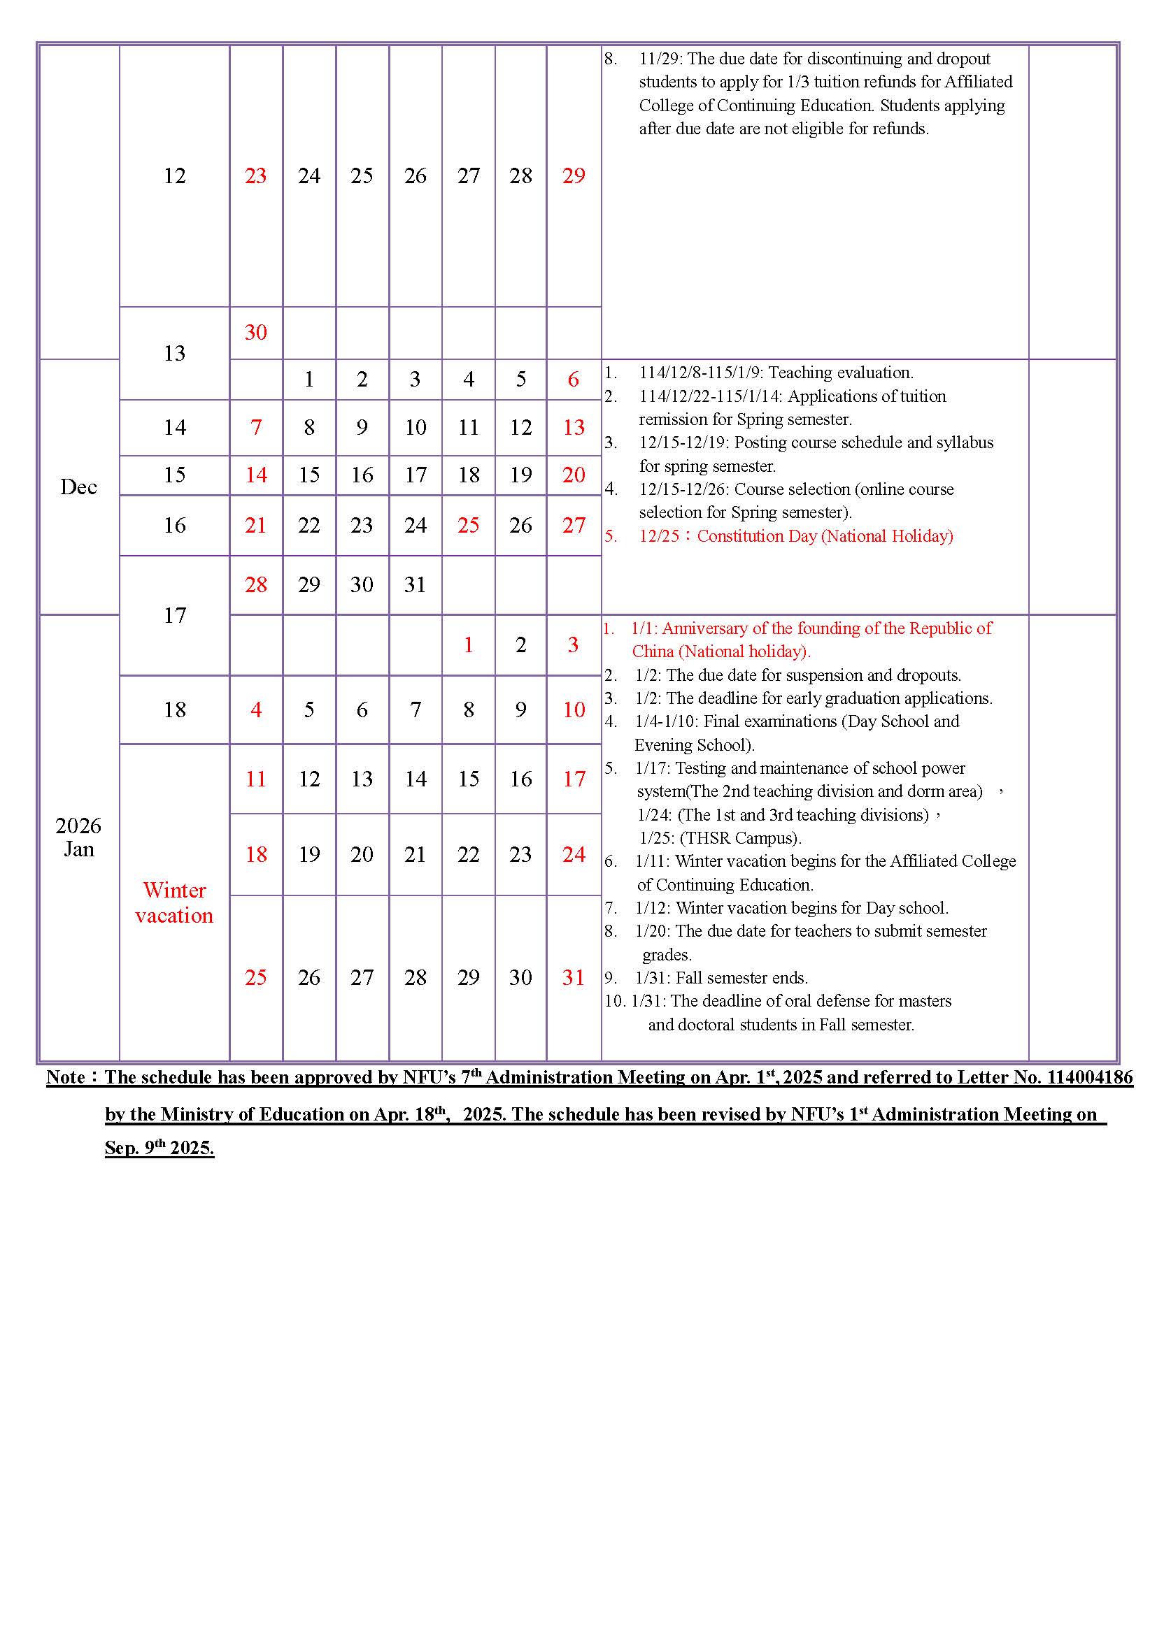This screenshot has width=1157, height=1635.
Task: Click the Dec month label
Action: [x=78, y=487]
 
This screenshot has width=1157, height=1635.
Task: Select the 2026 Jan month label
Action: [x=78, y=837]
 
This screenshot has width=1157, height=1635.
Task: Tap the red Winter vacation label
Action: [x=174, y=902]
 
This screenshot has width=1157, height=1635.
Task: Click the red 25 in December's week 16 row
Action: [x=468, y=526]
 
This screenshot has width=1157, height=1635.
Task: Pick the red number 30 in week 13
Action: [x=256, y=333]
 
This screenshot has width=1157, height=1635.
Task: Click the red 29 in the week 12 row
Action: [x=574, y=176]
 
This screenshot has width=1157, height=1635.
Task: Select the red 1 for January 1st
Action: [x=468, y=645]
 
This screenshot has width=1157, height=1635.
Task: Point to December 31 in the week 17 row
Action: [x=416, y=585]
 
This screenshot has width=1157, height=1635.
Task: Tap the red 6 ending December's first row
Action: [x=574, y=380]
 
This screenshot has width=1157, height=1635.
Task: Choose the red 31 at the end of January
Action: [x=574, y=978]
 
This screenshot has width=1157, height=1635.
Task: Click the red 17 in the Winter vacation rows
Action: [x=574, y=779]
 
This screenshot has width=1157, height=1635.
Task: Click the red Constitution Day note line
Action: [x=795, y=536]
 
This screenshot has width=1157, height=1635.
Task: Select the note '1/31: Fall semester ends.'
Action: [x=721, y=978]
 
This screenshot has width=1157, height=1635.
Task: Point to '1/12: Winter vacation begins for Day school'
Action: [x=791, y=908]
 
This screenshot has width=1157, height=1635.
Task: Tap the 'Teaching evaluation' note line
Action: [x=775, y=373]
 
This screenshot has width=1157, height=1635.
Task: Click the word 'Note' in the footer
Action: [x=66, y=1077]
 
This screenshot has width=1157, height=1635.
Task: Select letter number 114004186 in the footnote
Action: [x=1089, y=1077]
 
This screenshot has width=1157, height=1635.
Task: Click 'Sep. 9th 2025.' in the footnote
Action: [x=159, y=1148]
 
